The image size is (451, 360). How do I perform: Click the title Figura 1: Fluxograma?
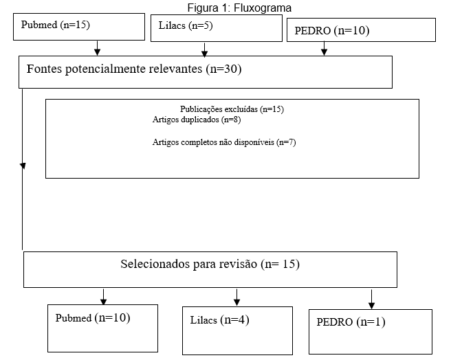coord(239,8)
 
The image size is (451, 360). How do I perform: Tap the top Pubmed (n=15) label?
coord(56,25)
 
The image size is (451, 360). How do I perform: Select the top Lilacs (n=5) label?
coord(186,25)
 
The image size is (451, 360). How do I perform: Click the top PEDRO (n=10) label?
coord(332,30)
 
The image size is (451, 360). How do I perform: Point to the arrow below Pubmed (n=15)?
coord(97,48)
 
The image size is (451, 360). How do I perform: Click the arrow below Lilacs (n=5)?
coord(204,50)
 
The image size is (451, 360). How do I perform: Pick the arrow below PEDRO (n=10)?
coord(324,48)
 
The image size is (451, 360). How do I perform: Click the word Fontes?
coord(44,69)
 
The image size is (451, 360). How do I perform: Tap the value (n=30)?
coord(223,69)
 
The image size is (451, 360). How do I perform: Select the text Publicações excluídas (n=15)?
coord(232,109)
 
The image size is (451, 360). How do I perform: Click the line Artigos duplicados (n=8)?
coord(197,120)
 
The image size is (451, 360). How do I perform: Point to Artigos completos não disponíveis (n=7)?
coord(224,142)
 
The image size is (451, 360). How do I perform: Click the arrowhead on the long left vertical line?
coord(23,166)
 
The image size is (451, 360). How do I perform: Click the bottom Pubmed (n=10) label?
coord(93,317)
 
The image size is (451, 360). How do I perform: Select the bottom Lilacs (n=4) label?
coord(219,319)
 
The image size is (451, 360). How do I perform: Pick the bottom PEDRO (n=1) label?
coord(351,322)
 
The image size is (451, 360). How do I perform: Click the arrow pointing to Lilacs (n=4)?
coord(236,297)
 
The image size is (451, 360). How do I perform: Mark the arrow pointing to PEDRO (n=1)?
coord(372,300)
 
